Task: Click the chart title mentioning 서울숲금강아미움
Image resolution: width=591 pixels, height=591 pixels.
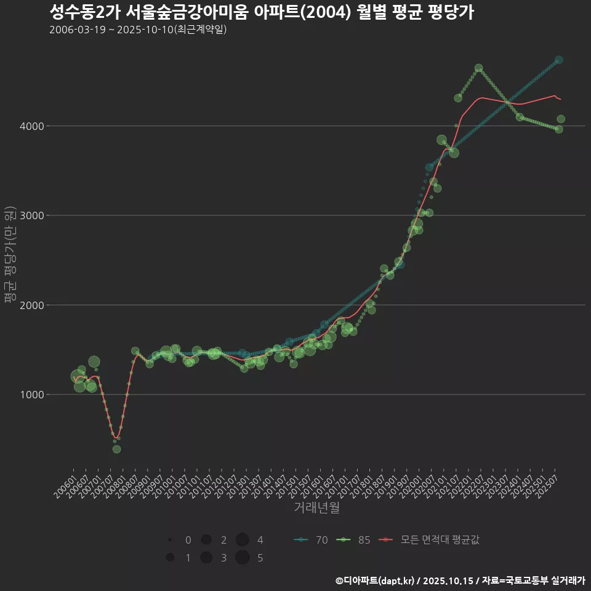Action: click(261, 12)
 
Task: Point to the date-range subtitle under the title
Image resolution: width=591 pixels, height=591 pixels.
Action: click(138, 30)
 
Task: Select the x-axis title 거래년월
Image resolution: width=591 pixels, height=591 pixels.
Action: click(316, 507)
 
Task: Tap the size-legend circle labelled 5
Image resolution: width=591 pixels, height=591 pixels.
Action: click(242, 558)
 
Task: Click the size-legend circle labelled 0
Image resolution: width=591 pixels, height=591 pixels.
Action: click(169, 540)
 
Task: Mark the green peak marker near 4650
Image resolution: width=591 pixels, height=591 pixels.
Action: click(478, 68)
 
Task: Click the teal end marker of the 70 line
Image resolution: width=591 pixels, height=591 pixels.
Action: click(559, 60)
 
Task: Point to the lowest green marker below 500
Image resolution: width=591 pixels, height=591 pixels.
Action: click(116, 449)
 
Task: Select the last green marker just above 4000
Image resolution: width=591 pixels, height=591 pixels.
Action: click(561, 119)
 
